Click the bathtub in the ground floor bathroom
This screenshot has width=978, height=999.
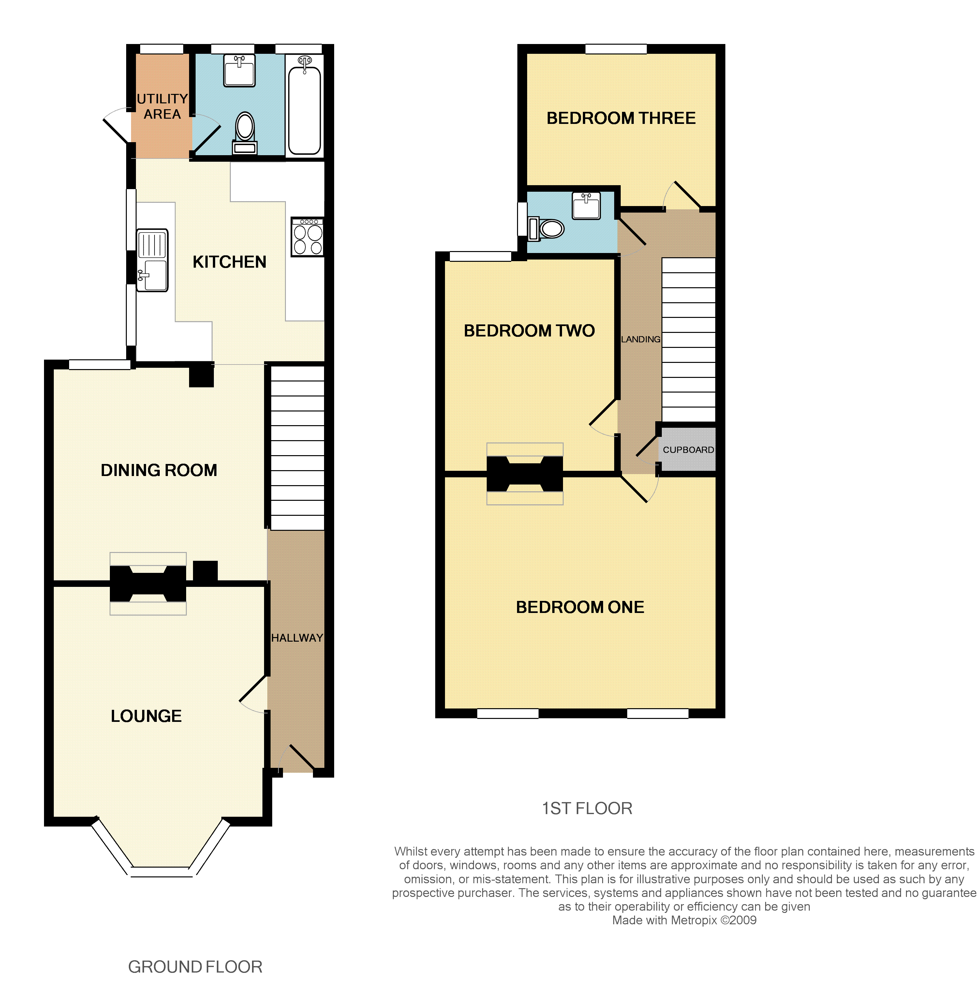click(304, 106)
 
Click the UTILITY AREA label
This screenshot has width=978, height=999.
click(162, 106)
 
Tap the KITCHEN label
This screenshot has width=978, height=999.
click(230, 262)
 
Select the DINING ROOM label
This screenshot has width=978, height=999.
click(159, 470)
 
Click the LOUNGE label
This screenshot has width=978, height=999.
click(146, 716)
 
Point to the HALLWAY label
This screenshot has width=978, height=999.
click(297, 638)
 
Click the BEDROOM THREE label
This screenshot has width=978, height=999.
click(621, 118)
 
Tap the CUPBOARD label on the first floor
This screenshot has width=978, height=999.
click(688, 450)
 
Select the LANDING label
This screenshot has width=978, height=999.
click(641, 339)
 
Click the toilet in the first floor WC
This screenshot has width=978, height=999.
click(546, 229)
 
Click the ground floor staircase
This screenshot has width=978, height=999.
click(297, 447)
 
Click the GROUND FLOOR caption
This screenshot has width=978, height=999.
click(195, 967)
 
